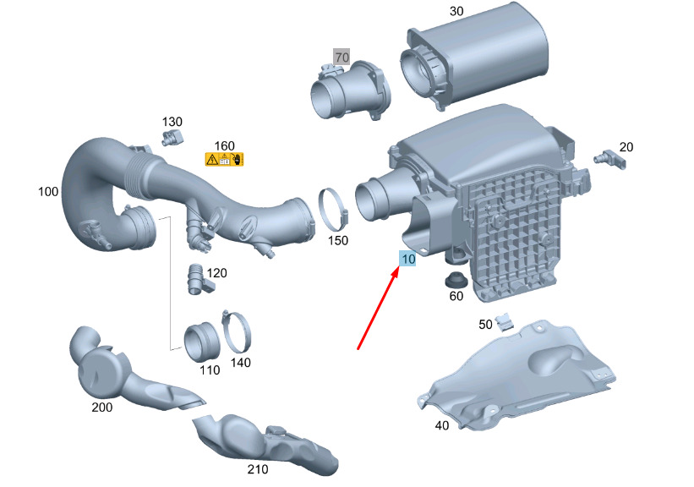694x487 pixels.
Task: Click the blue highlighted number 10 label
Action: pyautogui.click(x=407, y=259)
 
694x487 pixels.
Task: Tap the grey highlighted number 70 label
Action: pyautogui.click(x=342, y=57)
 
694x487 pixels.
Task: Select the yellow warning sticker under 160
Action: pyautogui.click(x=224, y=160)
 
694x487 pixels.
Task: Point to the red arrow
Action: pyautogui.click(x=377, y=310)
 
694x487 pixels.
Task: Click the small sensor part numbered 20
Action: pyautogui.click(x=610, y=158)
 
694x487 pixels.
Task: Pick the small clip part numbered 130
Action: pyautogui.click(x=172, y=136)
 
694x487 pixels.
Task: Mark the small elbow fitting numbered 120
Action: pyautogui.click(x=198, y=279)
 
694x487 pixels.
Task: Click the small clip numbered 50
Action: pyautogui.click(x=504, y=322)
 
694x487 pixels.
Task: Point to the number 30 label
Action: pyautogui.click(x=456, y=11)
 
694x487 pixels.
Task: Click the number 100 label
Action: pyautogui.click(x=48, y=192)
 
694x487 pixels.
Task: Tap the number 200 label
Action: pyautogui.click(x=101, y=408)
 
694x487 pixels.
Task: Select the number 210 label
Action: pyautogui.click(x=258, y=469)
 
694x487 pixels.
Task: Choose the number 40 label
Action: pyautogui.click(x=442, y=425)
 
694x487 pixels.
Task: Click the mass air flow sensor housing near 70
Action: pyautogui.click(x=350, y=90)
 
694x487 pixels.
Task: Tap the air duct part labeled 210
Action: pyautogui.click(x=265, y=444)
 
